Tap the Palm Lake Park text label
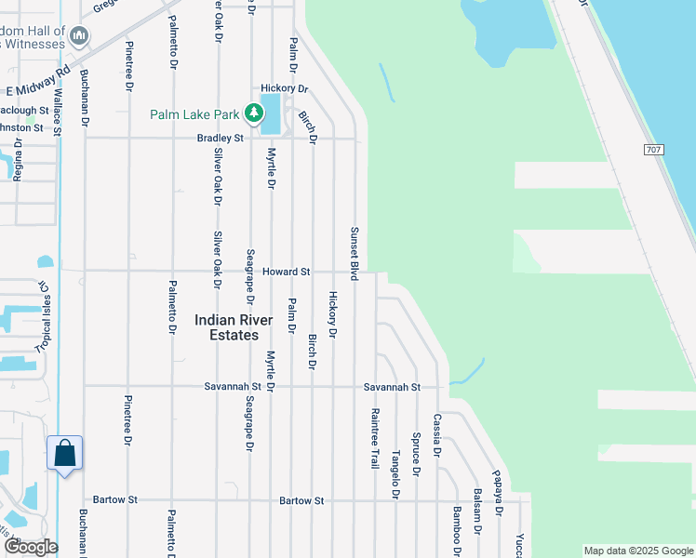click(195, 115)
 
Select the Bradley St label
click(220, 138)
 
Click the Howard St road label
click(285, 272)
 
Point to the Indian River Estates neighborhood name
click(234, 327)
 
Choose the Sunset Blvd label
click(355, 253)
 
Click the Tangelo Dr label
click(395, 475)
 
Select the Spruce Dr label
click(416, 454)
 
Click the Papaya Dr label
click(498, 492)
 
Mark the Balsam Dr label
click(477, 511)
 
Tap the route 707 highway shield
click(652, 149)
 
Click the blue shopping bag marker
click(65, 454)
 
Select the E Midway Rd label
click(38, 83)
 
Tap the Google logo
click(30, 547)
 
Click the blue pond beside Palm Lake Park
click(272, 113)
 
